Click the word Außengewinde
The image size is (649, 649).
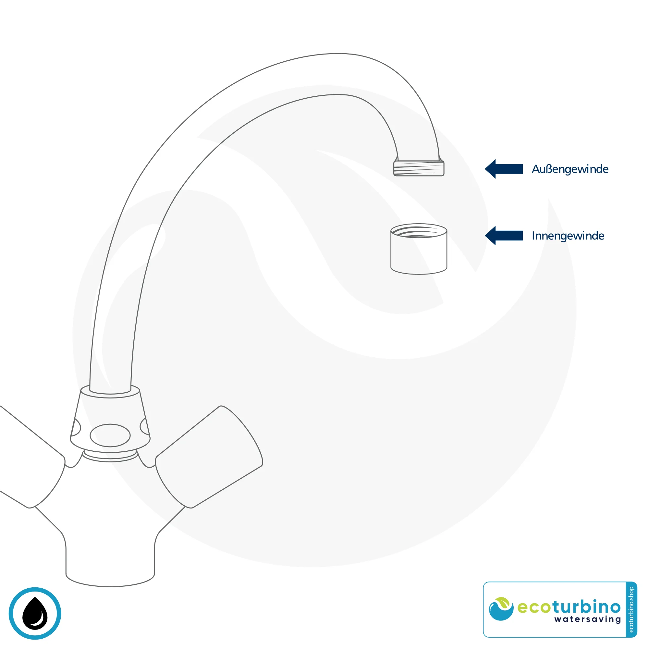(x=570, y=169)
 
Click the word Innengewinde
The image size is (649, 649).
(x=568, y=236)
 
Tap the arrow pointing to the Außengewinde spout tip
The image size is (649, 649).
(x=504, y=169)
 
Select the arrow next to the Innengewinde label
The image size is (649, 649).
(x=504, y=236)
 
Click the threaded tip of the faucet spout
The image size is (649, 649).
(x=419, y=168)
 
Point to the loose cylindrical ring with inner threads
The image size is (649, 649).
(x=419, y=249)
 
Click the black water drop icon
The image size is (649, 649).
(x=35, y=613)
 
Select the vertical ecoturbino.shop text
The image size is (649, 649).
(x=631, y=609)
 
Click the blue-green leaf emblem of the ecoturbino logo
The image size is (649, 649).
(x=501, y=609)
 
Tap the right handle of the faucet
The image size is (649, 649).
(x=209, y=457)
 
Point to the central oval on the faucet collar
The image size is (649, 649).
(x=110, y=435)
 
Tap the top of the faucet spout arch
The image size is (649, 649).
(x=337, y=54)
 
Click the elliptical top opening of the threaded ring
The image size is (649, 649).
(x=419, y=231)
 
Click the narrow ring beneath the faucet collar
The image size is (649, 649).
(x=110, y=456)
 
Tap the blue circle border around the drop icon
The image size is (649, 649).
(x=35, y=613)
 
